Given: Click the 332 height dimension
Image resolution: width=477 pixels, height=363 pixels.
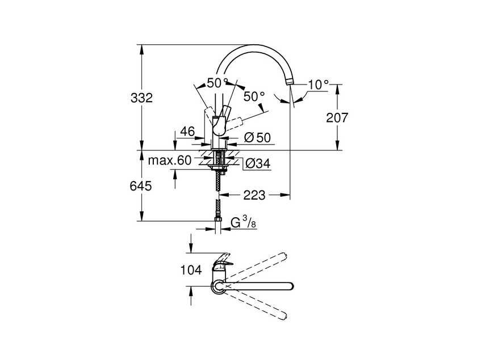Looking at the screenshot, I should point(142,98).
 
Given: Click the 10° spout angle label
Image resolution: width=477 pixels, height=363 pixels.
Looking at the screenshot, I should point(318,85).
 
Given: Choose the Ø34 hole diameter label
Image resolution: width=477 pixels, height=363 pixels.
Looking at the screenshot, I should point(257,164).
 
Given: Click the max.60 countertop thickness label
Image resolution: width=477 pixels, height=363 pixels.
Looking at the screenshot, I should point(170,161).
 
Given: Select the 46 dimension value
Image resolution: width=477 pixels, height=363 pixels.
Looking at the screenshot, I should point(187,132).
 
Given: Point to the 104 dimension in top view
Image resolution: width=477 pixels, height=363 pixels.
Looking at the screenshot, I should point(190,271).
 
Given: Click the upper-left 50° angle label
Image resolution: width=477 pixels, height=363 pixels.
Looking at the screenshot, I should point(216,83).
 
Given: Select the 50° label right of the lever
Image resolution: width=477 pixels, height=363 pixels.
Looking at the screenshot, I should point(254,96).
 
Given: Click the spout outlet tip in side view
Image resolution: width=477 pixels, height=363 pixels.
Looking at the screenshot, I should point(290,83).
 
